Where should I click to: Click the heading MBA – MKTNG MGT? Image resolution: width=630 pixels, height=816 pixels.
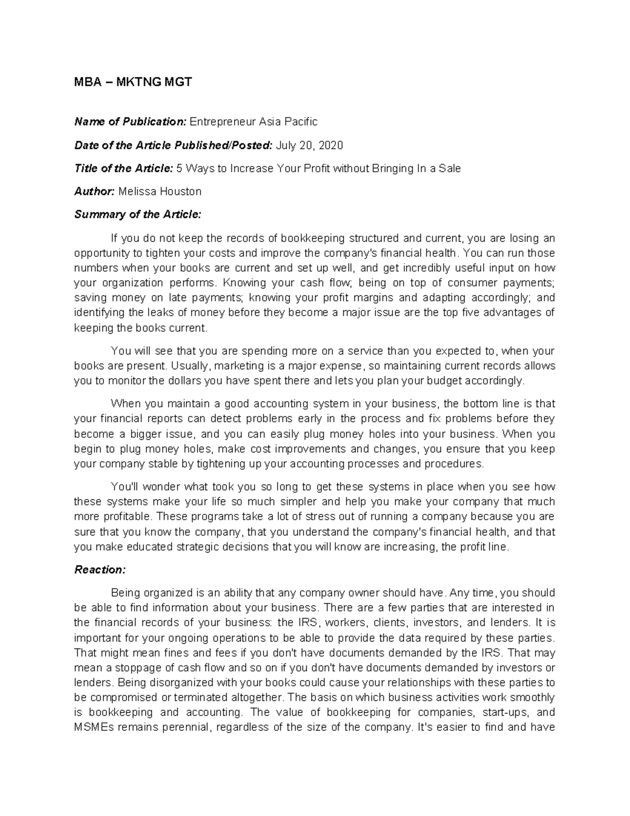tap(133, 82)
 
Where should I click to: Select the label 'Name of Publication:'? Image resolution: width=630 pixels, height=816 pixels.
tap(130, 122)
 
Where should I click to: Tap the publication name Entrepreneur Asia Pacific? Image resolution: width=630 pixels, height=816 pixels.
tap(253, 122)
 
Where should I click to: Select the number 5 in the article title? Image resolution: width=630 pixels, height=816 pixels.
tap(179, 169)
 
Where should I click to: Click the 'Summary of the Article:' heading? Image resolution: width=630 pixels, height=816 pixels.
tap(138, 215)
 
